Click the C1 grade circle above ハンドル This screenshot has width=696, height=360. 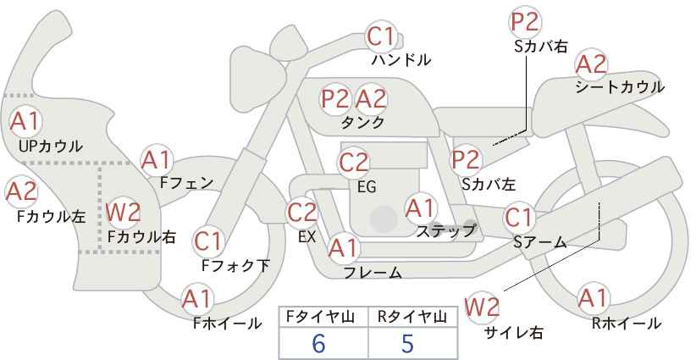tap(381, 36)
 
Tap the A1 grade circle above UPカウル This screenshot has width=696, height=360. tap(25, 121)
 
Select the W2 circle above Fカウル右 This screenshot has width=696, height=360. tap(123, 212)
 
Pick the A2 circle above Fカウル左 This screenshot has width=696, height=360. tap(22, 191)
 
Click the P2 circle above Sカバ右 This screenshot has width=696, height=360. tap(524, 22)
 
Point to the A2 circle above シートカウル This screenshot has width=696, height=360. tap(591, 65)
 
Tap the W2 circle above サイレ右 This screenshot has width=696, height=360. tap(482, 307)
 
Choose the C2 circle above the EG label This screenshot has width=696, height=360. tap(354, 163)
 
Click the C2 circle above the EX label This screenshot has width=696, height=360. tap(302, 213)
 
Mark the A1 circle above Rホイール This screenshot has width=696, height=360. tap(594, 298)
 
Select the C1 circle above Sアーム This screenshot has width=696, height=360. tap(518, 218)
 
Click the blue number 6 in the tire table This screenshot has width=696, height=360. tap(318, 343)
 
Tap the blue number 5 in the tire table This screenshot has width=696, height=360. tap(407, 343)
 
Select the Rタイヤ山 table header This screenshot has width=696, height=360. tap(412, 317)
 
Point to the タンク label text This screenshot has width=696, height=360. tap(362, 122)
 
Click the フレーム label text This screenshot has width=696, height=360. tap(373, 272)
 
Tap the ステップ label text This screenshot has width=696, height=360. tap(445, 231)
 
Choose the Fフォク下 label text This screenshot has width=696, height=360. tap(235, 265)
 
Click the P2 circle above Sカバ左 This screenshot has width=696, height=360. tap(466, 160)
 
